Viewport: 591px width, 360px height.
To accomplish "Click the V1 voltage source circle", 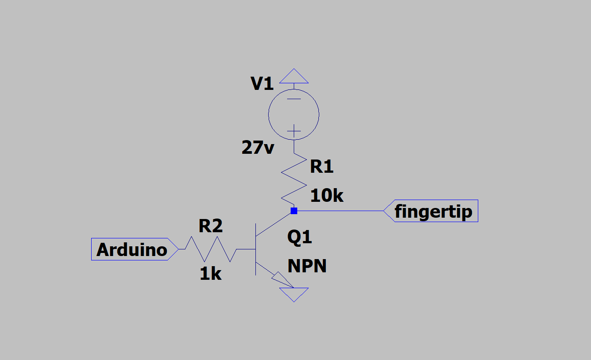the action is [269, 115].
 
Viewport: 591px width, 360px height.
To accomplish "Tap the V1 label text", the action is [262, 84].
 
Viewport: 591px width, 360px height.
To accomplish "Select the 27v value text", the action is [258, 147].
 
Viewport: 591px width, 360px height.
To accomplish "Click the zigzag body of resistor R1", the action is [294, 179].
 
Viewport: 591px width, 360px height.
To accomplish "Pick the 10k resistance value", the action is [327, 196].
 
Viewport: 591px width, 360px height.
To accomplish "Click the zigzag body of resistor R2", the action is [211, 249].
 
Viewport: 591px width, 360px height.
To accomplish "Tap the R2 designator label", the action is [211, 226].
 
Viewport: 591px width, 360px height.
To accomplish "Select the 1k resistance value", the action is [211, 274].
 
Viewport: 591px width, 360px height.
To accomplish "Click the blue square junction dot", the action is [294, 211].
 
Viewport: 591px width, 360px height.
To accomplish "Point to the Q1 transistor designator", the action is [299, 237].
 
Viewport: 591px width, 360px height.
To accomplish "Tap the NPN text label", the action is [307, 266].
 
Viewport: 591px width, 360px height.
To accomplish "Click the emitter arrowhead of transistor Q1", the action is [282, 280].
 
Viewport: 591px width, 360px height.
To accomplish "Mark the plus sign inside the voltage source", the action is [294, 131].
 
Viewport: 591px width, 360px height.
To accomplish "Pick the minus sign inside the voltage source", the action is [294, 99].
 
